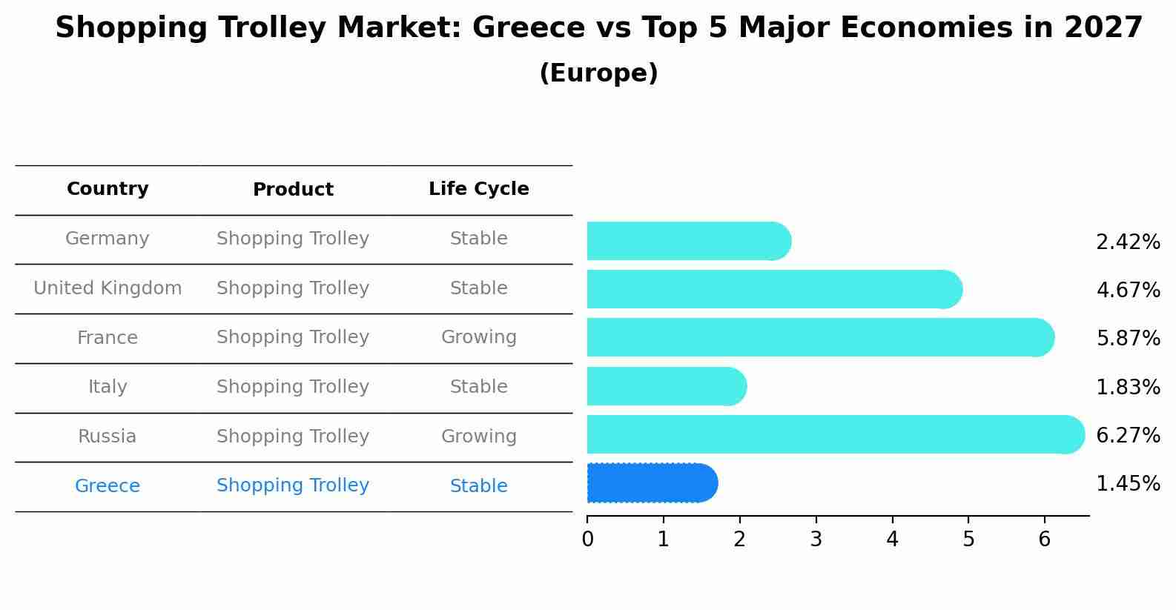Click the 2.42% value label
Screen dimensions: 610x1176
click(x=1127, y=242)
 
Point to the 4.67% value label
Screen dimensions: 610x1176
click(x=1127, y=290)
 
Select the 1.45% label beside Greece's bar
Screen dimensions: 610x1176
click(x=1127, y=484)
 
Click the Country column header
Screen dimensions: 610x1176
click(x=108, y=189)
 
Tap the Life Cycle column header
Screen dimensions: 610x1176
click(x=478, y=189)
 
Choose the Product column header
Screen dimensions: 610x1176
click(x=293, y=190)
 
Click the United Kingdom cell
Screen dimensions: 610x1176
click(x=108, y=288)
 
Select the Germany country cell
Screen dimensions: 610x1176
click(x=108, y=239)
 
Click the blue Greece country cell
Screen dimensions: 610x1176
click(x=108, y=486)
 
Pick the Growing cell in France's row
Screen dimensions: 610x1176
click(x=478, y=337)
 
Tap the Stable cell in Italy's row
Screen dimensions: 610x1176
click(x=478, y=387)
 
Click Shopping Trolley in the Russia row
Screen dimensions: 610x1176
click(x=293, y=437)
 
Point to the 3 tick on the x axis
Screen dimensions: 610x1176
click(x=816, y=540)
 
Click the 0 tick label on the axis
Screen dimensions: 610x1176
click(x=587, y=540)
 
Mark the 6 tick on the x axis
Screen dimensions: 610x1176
click(x=1044, y=540)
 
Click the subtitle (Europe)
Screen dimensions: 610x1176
click(x=598, y=73)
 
